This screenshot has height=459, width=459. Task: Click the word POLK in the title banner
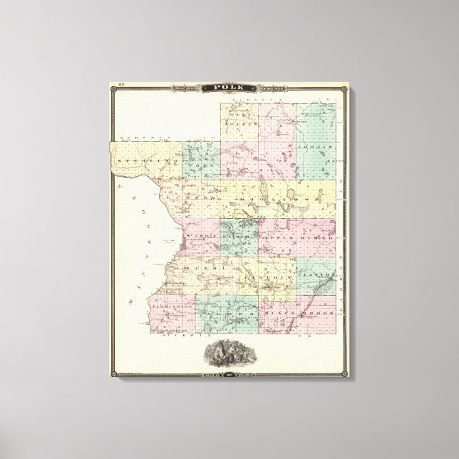pyautogui.click(x=229, y=88)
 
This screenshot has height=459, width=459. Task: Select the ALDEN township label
pyautogui.click(x=227, y=311)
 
